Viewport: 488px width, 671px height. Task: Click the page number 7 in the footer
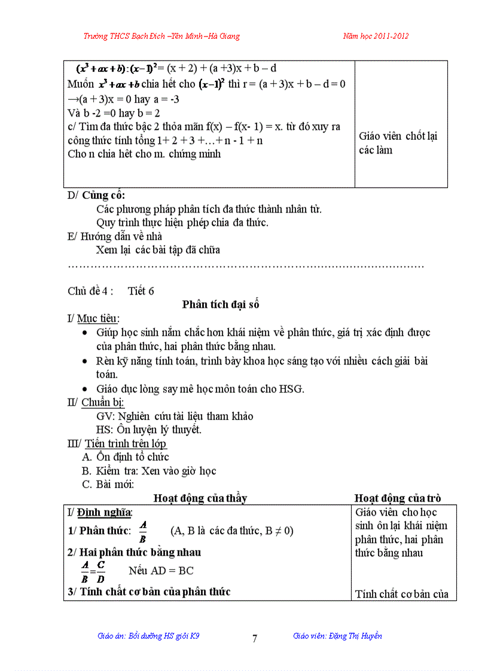click(255, 639)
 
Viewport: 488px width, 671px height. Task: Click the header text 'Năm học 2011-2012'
click(376, 36)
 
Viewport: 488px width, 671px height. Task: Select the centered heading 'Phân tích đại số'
click(221, 305)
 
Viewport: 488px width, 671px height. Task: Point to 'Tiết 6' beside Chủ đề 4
click(141, 291)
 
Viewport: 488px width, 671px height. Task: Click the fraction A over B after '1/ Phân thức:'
click(143, 531)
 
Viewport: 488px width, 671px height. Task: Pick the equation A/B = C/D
click(93, 571)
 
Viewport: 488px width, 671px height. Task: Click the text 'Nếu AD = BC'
click(161, 571)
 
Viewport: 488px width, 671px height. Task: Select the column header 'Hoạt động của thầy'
click(200, 498)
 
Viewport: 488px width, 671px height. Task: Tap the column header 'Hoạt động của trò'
click(398, 498)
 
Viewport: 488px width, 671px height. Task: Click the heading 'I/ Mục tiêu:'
click(93, 318)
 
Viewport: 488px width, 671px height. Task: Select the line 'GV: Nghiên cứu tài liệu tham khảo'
click(175, 416)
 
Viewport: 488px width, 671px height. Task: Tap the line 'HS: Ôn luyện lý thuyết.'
click(149, 430)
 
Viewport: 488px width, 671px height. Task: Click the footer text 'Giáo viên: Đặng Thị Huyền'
click(337, 636)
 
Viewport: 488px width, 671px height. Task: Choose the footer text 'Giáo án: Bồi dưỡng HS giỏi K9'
click(148, 636)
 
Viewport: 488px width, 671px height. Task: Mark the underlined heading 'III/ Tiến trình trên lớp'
click(117, 443)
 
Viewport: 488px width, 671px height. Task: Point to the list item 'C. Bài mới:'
click(108, 484)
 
